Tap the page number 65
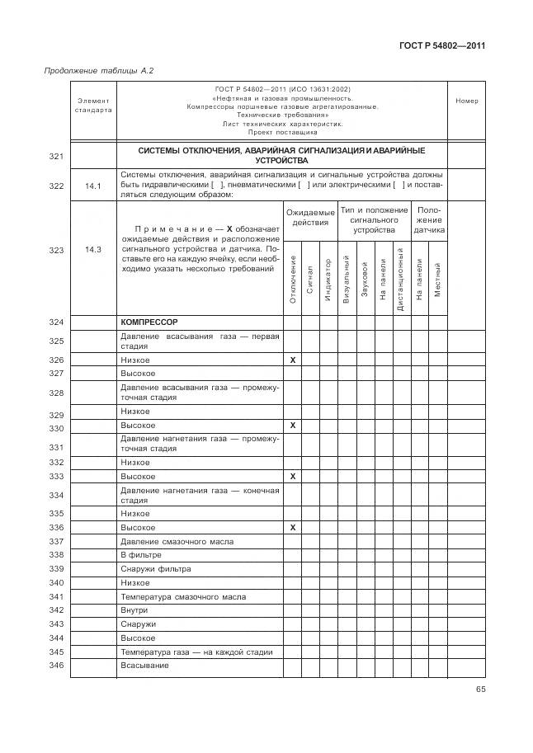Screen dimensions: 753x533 tap(479, 689)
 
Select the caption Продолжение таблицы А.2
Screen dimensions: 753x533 tap(98, 71)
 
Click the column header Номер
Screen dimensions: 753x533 tap(466, 101)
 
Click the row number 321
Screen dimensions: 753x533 tap(56, 155)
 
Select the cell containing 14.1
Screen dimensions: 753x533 tap(92, 186)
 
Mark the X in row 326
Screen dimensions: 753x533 tap(293, 360)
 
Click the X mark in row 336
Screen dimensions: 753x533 tap(293, 527)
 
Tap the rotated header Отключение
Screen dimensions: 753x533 tap(293, 279)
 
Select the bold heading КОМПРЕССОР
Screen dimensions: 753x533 tap(149, 322)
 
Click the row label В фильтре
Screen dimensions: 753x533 tap(139, 555)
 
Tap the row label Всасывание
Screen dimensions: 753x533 tap(144, 665)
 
